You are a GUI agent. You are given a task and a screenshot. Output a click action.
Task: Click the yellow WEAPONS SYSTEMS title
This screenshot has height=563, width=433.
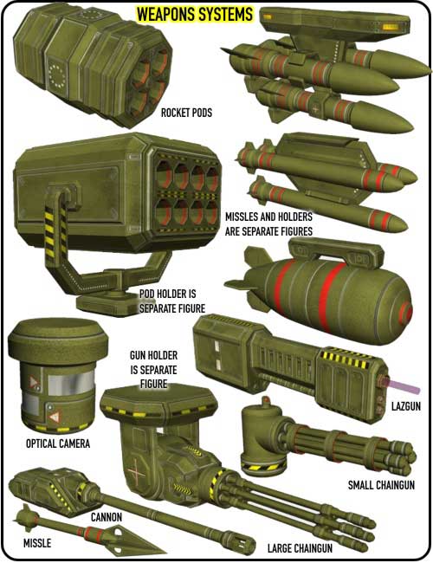pyautogui.click(x=195, y=15)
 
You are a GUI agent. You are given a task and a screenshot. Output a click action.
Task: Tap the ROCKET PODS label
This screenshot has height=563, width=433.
pyautogui.click(x=186, y=113)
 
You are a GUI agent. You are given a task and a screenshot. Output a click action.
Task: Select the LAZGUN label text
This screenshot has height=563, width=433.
pyautogui.click(x=405, y=406)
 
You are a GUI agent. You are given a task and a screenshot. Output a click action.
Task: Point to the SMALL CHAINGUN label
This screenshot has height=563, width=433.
pyautogui.click(x=381, y=485)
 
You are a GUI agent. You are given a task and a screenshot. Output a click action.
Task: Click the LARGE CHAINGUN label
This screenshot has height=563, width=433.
pyautogui.click(x=300, y=548)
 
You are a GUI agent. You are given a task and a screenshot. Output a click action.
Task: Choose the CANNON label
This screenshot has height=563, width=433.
pyautogui.click(x=107, y=517)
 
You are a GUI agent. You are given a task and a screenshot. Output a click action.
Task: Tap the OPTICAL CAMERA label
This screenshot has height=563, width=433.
pyautogui.click(x=58, y=443)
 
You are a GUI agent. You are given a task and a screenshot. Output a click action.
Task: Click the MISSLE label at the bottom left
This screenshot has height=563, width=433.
pyautogui.click(x=37, y=543)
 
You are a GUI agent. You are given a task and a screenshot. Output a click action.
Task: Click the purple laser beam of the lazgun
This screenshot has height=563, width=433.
pyautogui.click(x=403, y=386)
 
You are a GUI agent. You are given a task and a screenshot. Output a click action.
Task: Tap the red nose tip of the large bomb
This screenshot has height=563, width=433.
pyautogui.click(x=407, y=312)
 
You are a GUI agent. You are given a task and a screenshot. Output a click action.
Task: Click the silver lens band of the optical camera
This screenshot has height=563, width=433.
pyautogui.click(x=71, y=383)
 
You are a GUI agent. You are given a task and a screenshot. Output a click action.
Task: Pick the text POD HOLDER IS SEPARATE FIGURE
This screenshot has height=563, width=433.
pyautogui.click(x=172, y=301)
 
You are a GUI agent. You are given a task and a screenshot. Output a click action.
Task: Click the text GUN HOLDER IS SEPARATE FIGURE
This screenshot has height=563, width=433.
pyautogui.click(x=153, y=370)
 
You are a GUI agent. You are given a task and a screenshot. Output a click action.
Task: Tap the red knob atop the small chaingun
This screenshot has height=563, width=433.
pyautogui.click(x=265, y=399)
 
